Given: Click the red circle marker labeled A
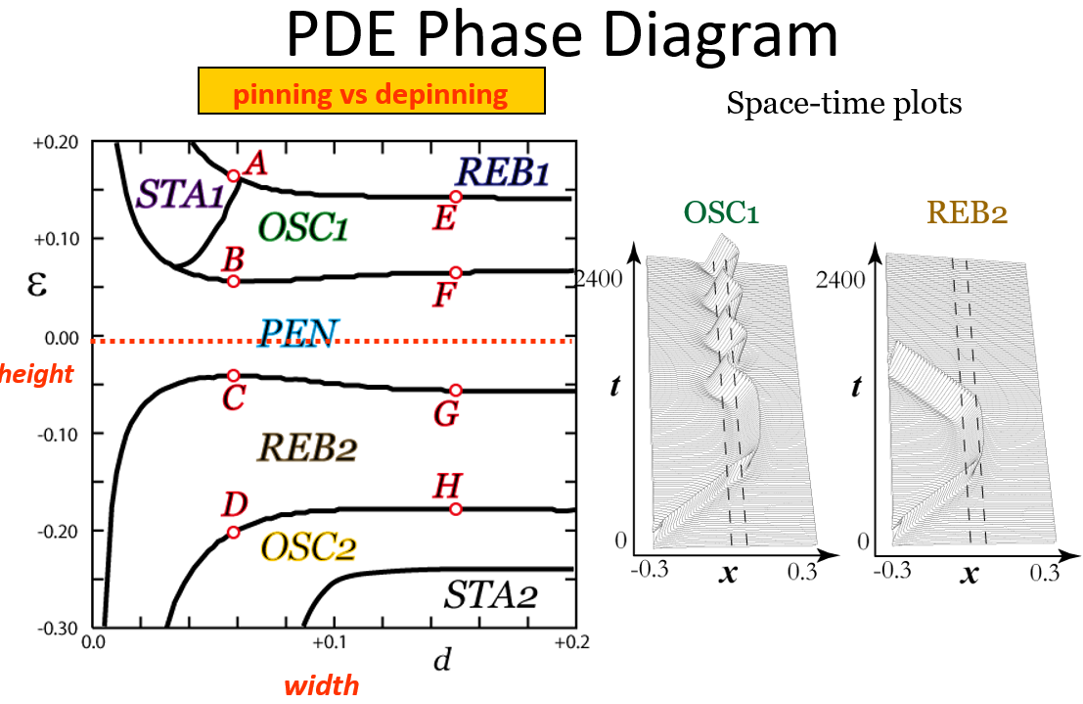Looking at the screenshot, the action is click(x=234, y=175).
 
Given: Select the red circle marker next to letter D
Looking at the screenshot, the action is click(x=234, y=533).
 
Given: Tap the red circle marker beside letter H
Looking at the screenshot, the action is click(x=456, y=510).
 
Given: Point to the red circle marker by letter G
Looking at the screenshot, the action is click(x=456, y=391).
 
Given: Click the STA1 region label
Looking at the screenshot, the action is click(x=181, y=194).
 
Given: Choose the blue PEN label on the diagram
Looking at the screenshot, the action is click(x=298, y=333).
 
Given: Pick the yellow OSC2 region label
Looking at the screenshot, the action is click(x=308, y=547).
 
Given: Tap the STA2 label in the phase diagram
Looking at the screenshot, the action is click(x=490, y=594).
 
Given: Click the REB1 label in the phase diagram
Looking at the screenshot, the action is click(x=503, y=171).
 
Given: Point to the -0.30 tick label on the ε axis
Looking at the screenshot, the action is click(x=58, y=628).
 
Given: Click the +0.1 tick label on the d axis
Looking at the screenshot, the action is click(x=329, y=642).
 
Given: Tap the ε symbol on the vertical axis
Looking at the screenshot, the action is click(x=37, y=283).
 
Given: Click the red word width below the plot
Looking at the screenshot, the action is click(x=322, y=686).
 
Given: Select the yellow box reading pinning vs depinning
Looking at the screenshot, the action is click(x=372, y=91).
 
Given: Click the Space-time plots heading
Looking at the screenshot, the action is click(x=844, y=104).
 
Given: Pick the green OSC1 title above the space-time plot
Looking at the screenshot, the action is click(x=721, y=212).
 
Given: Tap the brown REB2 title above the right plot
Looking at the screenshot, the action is click(x=967, y=212).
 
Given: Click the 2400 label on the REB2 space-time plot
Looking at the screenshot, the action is click(x=839, y=280).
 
